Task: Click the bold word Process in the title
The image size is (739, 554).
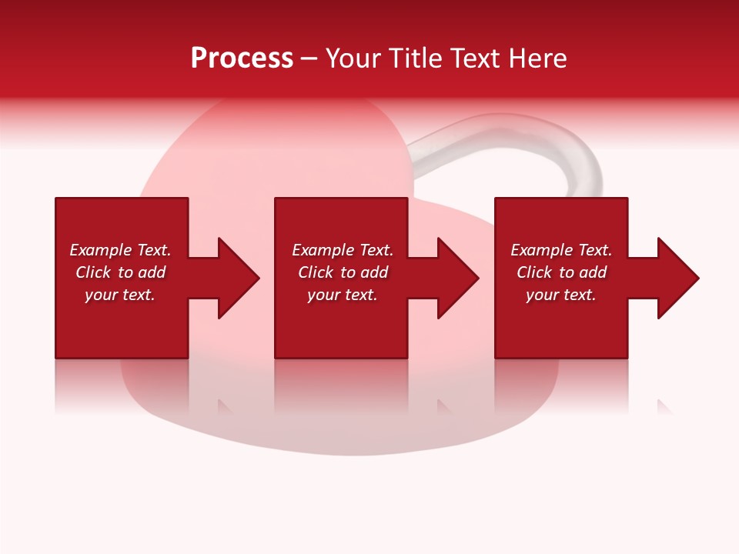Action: tap(242, 58)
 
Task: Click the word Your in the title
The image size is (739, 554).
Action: tap(353, 58)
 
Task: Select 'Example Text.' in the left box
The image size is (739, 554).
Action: tap(120, 250)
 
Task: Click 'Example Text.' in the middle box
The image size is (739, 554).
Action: tap(343, 250)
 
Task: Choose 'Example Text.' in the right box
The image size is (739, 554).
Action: tap(561, 250)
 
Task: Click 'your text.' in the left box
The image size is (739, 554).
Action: tap(120, 295)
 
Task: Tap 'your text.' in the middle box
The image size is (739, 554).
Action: tap(343, 295)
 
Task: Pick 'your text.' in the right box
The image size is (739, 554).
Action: tap(561, 295)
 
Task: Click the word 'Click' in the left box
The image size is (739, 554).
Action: tap(93, 272)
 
